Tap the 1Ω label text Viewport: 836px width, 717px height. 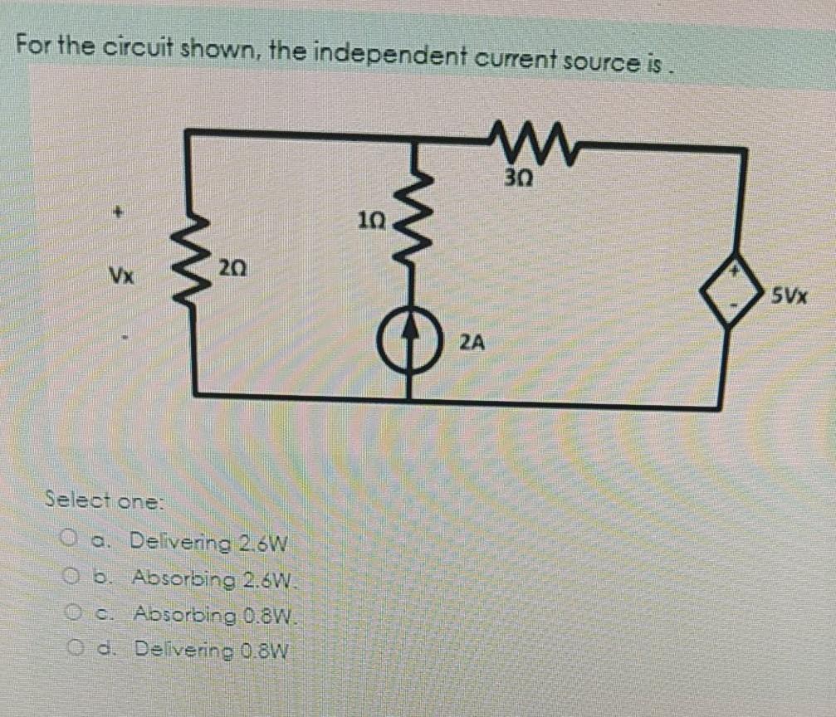tap(371, 222)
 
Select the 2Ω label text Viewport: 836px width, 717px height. tap(232, 267)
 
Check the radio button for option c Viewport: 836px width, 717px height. tap(71, 613)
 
